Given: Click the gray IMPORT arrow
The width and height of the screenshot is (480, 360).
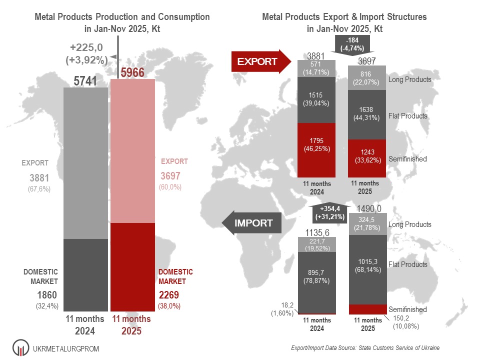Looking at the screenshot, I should pos(251,222).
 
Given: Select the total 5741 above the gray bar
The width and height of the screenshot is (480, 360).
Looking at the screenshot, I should pos(85,80).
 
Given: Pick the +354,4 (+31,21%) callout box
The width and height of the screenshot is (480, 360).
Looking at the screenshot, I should pos(329,212).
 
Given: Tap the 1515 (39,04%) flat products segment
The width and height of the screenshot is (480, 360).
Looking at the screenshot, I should pos(316,100).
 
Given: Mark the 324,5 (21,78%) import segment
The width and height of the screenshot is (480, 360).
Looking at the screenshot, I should pos(367,224).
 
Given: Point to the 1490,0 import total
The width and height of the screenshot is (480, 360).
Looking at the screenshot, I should pos(368,208).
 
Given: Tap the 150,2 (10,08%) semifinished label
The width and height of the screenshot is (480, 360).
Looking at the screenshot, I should pos(405,322).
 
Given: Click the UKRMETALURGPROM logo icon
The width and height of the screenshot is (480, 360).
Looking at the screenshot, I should pos(19,347).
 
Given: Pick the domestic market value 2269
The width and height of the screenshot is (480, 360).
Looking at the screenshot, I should pos(168,295).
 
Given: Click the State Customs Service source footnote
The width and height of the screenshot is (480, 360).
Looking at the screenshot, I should pos(365,347).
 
